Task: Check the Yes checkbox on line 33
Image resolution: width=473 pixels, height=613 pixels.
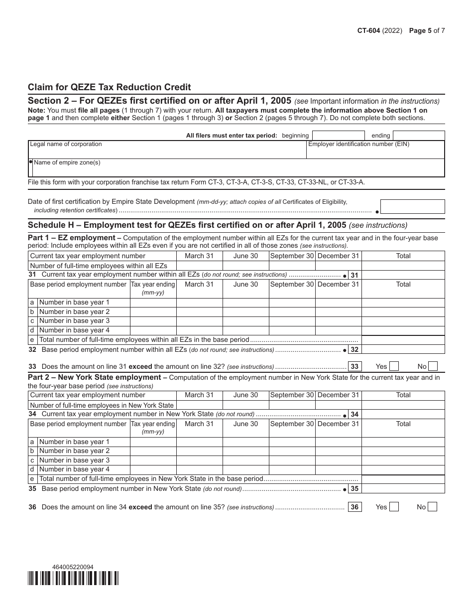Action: [394, 366]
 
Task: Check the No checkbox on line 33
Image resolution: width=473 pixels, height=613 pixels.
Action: [433, 366]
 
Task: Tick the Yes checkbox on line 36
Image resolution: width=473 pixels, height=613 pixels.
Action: [394, 507]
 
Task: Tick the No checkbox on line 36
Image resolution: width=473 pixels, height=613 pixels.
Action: [432, 507]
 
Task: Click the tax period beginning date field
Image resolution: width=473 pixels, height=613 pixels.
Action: [339, 136]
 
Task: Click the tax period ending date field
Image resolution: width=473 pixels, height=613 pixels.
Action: [418, 136]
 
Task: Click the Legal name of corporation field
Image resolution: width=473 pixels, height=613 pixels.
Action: [167, 152]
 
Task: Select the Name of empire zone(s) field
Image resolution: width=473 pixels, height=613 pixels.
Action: [236, 170]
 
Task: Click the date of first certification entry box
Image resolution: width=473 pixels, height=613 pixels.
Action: [412, 207]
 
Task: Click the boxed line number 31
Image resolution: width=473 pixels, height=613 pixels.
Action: [354, 275]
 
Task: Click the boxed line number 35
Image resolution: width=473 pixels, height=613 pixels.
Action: [354, 489]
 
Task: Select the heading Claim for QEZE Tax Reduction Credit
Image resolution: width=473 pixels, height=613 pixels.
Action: [109, 87]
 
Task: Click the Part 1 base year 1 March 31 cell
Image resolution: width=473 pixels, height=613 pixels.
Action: [199, 303]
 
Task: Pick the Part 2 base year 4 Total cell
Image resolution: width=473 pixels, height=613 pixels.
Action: [403, 469]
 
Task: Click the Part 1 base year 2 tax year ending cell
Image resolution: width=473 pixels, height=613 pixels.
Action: [153, 312]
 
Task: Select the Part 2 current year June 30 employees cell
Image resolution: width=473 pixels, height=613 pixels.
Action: [245, 405]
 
